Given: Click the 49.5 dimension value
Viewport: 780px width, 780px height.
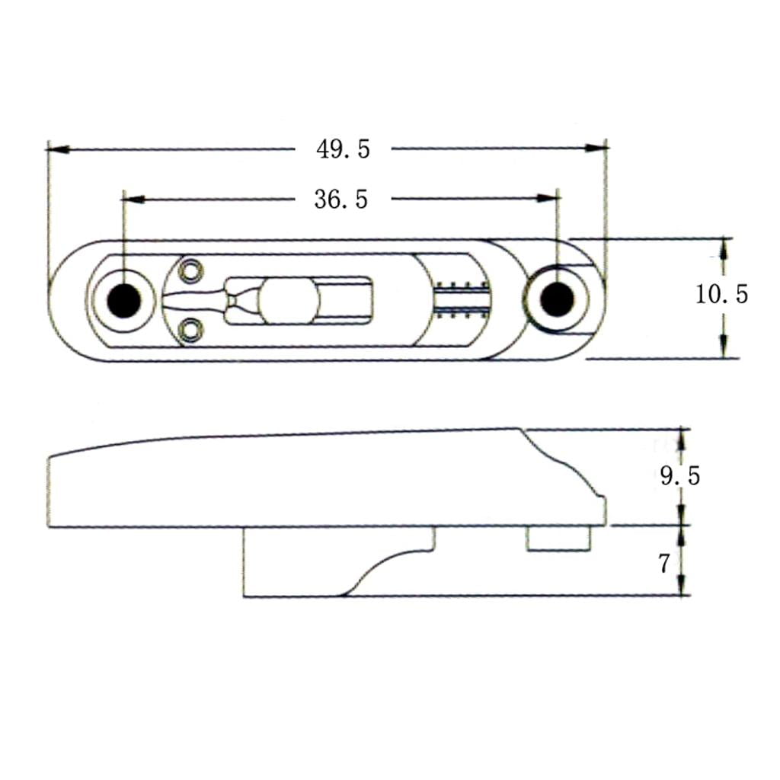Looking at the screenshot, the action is tap(344, 149).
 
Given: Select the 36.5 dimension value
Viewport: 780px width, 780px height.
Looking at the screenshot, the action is tap(341, 200).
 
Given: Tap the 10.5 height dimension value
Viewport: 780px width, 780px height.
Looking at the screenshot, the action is tap(721, 294).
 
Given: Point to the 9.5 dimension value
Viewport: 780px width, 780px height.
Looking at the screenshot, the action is tap(680, 476).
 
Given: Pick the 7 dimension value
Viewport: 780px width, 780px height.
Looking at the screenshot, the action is tap(664, 564).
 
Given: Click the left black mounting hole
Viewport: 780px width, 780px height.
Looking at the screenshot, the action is tap(124, 300).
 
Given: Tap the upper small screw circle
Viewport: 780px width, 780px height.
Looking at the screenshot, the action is tap(191, 272).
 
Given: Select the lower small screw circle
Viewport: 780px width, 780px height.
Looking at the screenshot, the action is tap(191, 330).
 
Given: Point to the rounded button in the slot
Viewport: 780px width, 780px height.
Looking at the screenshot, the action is tap(289, 300).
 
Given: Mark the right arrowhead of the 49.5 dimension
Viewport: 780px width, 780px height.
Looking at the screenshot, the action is tap(596, 148).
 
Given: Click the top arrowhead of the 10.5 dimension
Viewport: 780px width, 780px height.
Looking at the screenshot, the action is tap(724, 250).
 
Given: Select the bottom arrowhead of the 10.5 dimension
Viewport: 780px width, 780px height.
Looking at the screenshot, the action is tap(724, 347).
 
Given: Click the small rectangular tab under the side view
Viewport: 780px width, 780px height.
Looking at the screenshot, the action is tap(559, 539).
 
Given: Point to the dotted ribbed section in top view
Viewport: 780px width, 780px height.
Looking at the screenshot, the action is tap(462, 300).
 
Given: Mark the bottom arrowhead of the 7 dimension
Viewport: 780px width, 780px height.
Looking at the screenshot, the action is tap(682, 584).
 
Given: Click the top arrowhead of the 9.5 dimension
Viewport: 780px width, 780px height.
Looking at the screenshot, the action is tap(682, 440).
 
